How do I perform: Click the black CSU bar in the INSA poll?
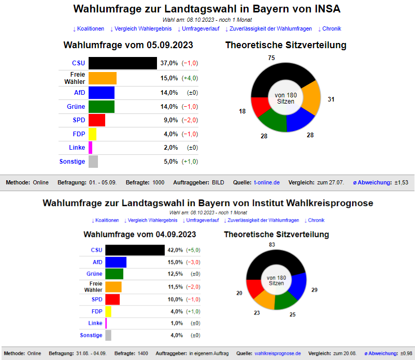[122, 63]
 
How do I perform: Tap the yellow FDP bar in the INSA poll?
[92, 134]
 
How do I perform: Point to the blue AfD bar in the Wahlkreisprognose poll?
[116, 262]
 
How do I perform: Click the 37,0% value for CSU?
[169, 63]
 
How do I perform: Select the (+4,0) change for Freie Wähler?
[190, 78]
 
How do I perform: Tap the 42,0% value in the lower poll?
[175, 250]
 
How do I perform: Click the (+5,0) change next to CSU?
[193, 250]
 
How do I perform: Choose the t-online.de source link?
[267, 182]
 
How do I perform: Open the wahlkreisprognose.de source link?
[278, 353]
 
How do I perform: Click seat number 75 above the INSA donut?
[271, 57]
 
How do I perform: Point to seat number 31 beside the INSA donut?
[331, 99]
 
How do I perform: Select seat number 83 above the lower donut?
[272, 244]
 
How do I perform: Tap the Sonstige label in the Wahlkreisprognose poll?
[91, 335]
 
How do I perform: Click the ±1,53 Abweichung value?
[401, 182]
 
